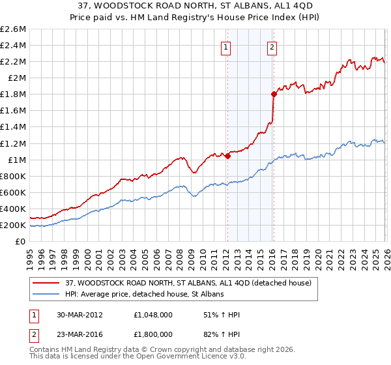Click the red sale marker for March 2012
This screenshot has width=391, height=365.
pyautogui.click(x=227, y=156)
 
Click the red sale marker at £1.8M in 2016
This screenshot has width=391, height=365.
pyautogui.click(x=274, y=94)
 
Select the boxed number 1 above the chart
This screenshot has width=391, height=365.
pyautogui.click(x=225, y=46)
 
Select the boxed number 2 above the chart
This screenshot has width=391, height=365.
pyautogui.click(x=271, y=46)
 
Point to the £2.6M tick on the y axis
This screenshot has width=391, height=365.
pyautogui.click(x=13, y=29)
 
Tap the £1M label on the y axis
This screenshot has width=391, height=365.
pyautogui.click(x=16, y=160)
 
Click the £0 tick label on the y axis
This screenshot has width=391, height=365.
pyautogui.click(x=21, y=242)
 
